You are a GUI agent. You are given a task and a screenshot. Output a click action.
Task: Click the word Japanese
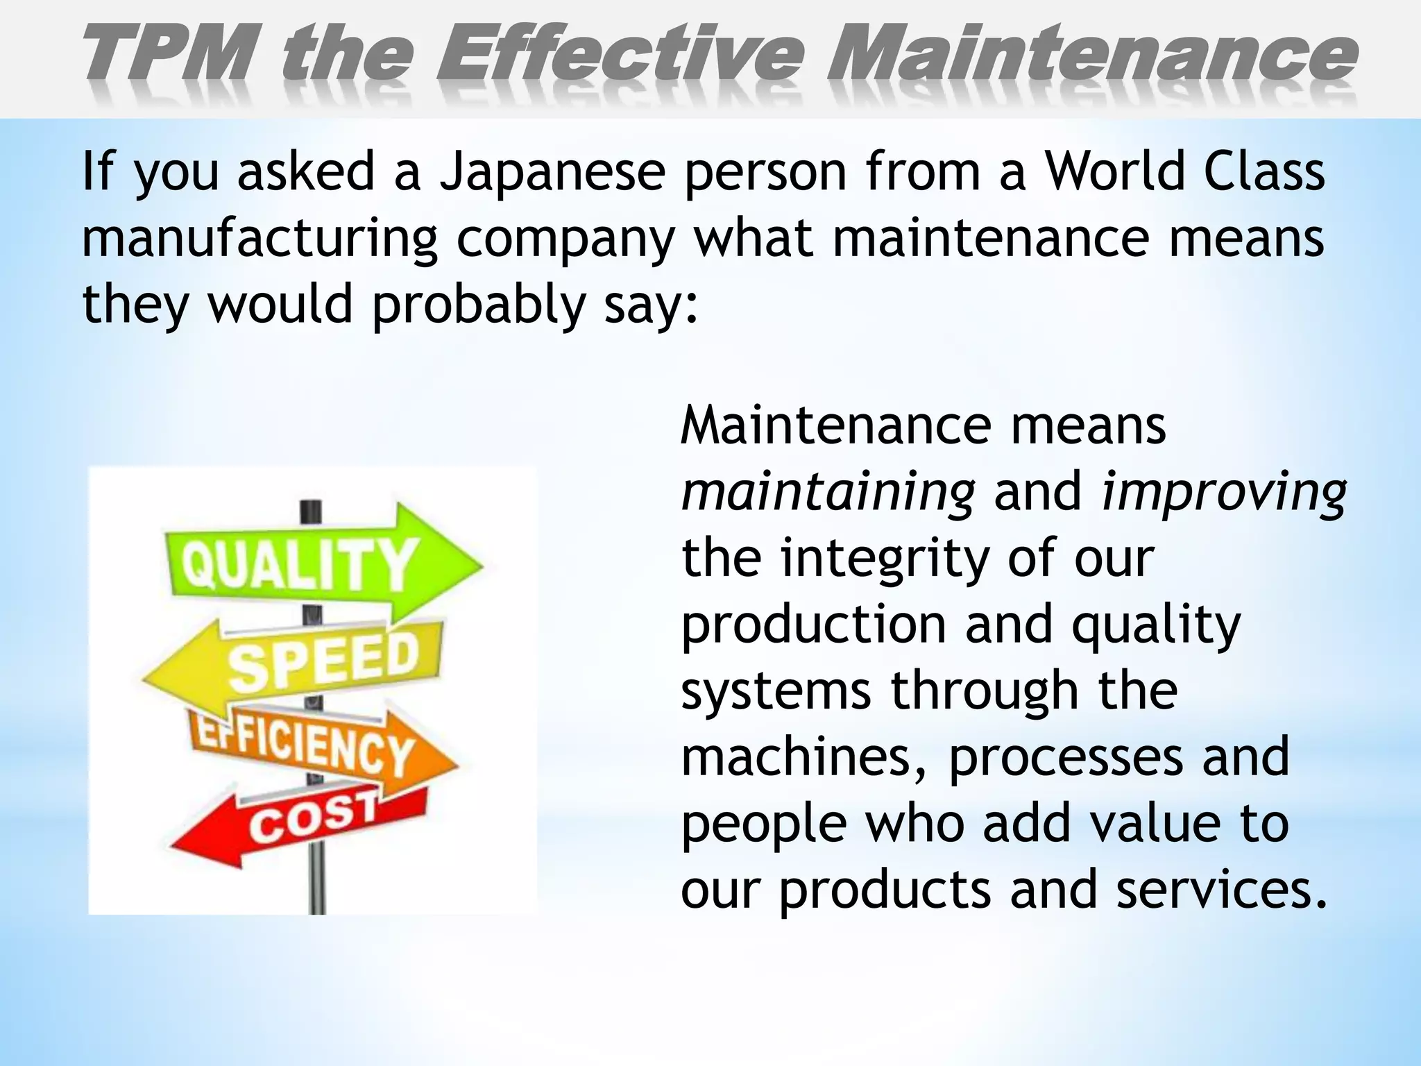pyautogui.click(x=552, y=172)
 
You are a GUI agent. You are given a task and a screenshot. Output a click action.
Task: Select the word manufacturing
pyautogui.click(x=259, y=239)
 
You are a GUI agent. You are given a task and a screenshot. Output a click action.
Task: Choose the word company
pyautogui.click(x=565, y=239)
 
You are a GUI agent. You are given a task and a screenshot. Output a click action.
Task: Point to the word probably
pyautogui.click(x=478, y=305)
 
